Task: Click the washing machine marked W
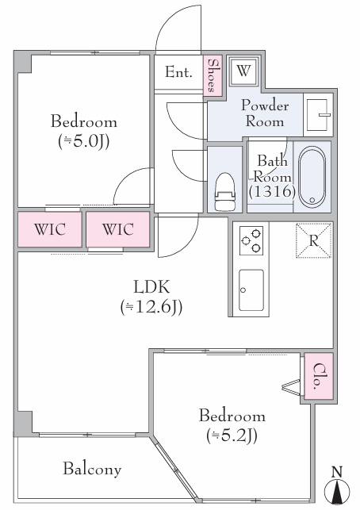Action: point(244,71)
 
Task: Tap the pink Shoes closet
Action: point(213,75)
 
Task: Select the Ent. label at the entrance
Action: point(178,72)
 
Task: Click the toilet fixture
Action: point(224,192)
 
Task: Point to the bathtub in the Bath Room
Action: point(312,177)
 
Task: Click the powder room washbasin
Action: point(318,115)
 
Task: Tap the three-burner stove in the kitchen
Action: point(251,240)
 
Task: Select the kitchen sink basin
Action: point(251,290)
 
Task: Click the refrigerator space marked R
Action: point(313,240)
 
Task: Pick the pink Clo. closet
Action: point(319,376)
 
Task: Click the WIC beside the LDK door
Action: point(117,229)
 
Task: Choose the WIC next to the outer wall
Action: point(49,229)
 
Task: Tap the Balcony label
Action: point(92,469)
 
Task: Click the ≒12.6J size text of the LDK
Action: point(151,307)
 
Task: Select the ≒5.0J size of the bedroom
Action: point(83,141)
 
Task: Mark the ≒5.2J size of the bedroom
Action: point(232,436)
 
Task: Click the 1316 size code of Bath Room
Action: point(272,191)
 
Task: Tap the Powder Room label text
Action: point(265,113)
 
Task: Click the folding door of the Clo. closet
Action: point(292,387)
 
